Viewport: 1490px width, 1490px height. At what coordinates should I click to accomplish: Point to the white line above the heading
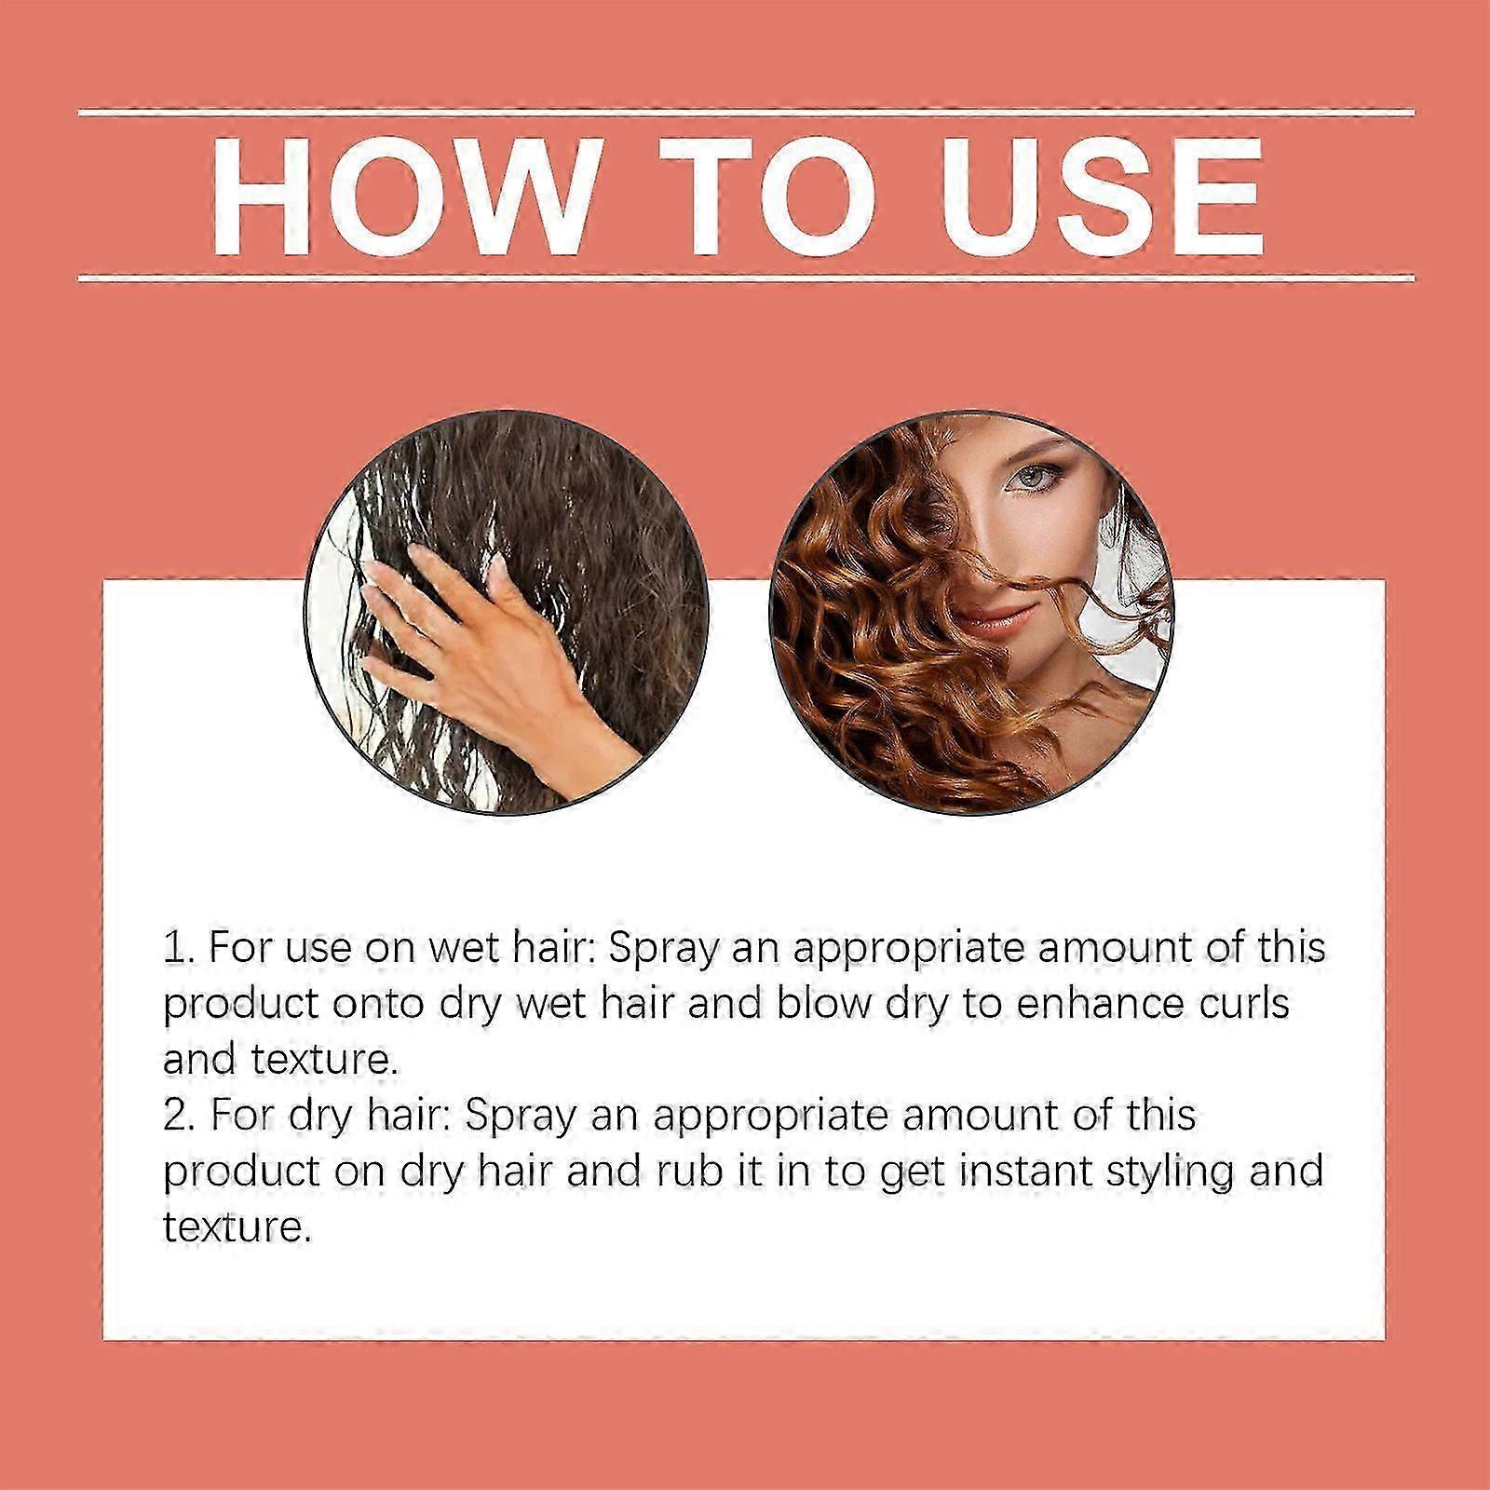coord(746,114)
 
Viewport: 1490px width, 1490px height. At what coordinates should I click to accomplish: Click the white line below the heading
coord(746,278)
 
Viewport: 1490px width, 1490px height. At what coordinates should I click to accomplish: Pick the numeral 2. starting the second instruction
coord(179,1115)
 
